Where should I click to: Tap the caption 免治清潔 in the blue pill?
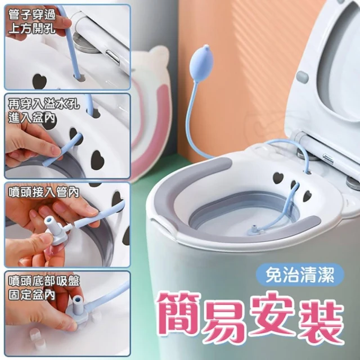tap(300, 276)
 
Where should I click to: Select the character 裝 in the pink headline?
tap(321, 317)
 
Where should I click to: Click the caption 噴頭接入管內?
tap(44, 192)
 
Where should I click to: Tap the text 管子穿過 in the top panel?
tap(32, 15)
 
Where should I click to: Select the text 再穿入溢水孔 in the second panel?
tap(44, 105)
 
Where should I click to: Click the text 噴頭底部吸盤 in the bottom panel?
tap(44, 281)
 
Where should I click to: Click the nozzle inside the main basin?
tap(254, 229)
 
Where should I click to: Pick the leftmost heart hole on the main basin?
tap(278, 178)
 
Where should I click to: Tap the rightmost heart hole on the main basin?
tap(307, 196)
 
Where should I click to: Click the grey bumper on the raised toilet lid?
tap(302, 78)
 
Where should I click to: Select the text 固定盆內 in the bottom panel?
tap(31, 294)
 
